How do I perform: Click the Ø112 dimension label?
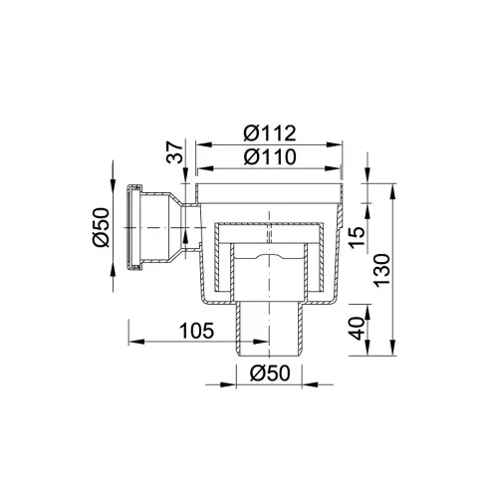(270, 133)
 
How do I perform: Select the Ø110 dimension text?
(270, 156)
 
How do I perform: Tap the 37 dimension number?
(175, 152)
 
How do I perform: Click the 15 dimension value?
(357, 237)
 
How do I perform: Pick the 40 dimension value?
(358, 329)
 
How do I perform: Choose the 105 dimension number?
(196, 331)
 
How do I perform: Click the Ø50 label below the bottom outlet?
(270, 373)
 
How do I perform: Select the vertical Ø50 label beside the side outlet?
(102, 227)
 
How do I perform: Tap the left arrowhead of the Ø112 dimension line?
(203, 144)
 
